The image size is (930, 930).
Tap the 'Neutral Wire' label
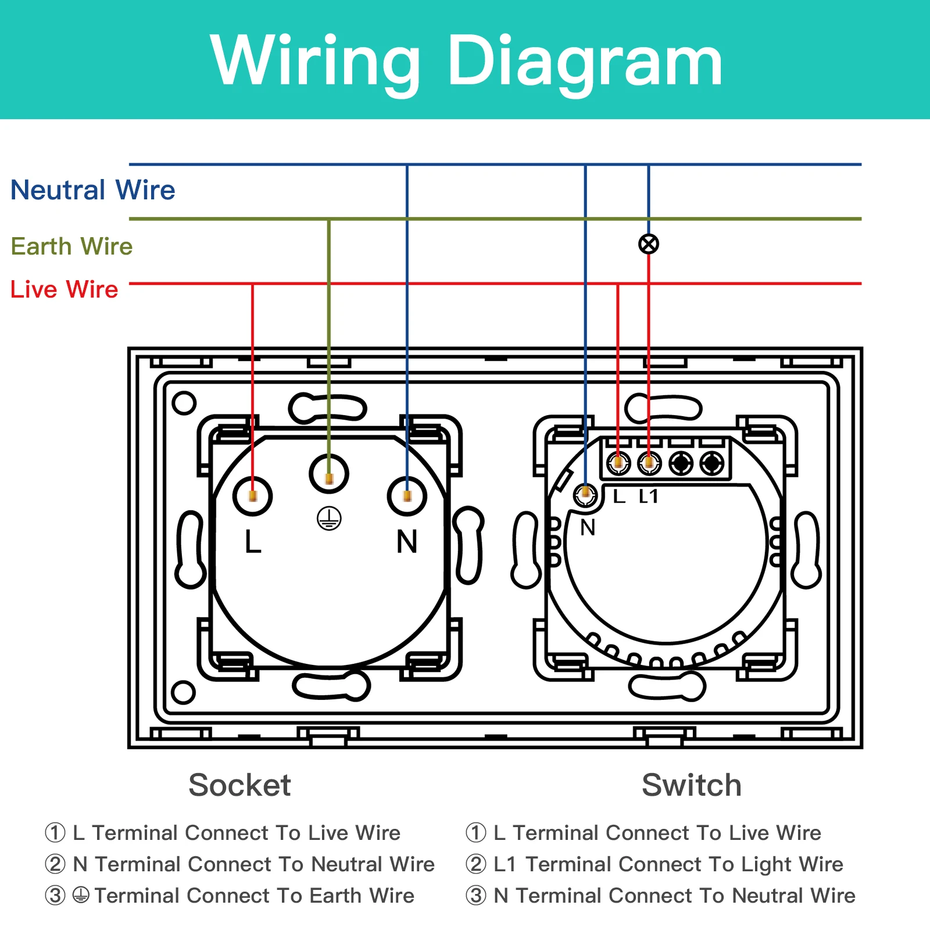pos(93,190)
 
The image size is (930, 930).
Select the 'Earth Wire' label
pos(71,246)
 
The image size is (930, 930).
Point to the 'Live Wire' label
pos(64,289)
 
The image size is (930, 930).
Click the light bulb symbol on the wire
pos(649,244)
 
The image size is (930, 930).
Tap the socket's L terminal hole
pos(252,496)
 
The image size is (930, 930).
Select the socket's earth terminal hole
pos(329,474)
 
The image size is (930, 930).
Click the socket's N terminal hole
pos(407,496)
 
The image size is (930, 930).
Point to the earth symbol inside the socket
pos(329,518)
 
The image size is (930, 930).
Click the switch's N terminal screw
pos(585,495)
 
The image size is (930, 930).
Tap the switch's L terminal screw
pos(618,463)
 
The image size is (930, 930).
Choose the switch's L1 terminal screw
pos(649,463)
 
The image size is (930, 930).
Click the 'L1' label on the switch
pos(649,496)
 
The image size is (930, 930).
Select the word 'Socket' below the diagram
pos(239,785)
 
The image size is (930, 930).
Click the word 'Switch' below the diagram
pos(692,785)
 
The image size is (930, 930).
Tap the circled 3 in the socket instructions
pos(55,895)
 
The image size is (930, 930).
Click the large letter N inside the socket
pos(407,542)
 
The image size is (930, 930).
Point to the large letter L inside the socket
pos(253,542)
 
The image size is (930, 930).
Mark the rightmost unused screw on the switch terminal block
pos(712,463)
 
